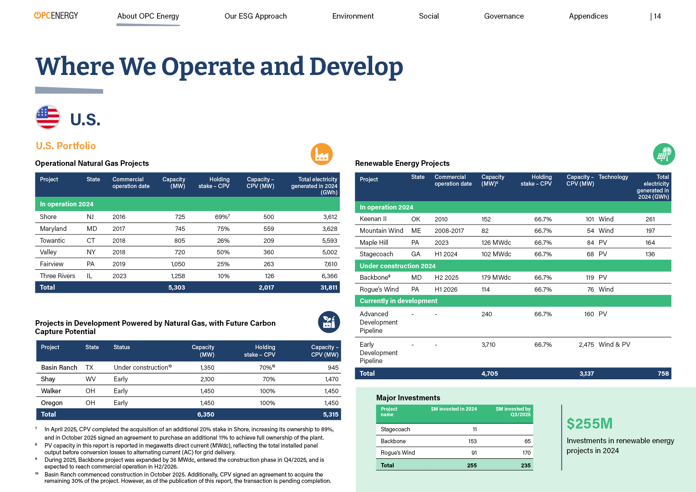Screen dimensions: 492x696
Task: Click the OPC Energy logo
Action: [x=56, y=15]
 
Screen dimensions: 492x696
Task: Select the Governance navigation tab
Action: [x=504, y=16]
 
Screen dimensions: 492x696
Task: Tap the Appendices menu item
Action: [x=588, y=16]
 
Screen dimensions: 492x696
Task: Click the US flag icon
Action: [x=48, y=117]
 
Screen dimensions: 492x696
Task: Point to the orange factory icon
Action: [x=321, y=154]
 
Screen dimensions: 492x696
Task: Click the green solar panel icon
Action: [x=664, y=154]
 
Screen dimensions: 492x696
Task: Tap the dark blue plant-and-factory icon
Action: [x=329, y=322]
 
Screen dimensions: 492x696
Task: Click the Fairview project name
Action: [x=52, y=264]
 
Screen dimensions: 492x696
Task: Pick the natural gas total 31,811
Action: [x=329, y=287]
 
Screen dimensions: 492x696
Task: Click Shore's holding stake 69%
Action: [x=222, y=217]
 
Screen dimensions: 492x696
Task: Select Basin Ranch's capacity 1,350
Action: [x=207, y=367]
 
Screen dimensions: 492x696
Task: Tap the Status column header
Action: [x=121, y=347]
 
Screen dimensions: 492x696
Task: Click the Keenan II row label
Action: [x=373, y=219]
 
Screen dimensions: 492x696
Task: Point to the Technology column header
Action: [x=613, y=177]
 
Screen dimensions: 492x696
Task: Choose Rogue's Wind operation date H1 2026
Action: [x=446, y=289]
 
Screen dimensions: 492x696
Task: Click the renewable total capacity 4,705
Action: [x=489, y=373]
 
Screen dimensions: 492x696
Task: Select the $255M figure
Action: [x=589, y=423]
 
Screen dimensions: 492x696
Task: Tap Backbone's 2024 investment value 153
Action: [x=472, y=441]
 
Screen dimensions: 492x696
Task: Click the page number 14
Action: [x=657, y=16]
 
